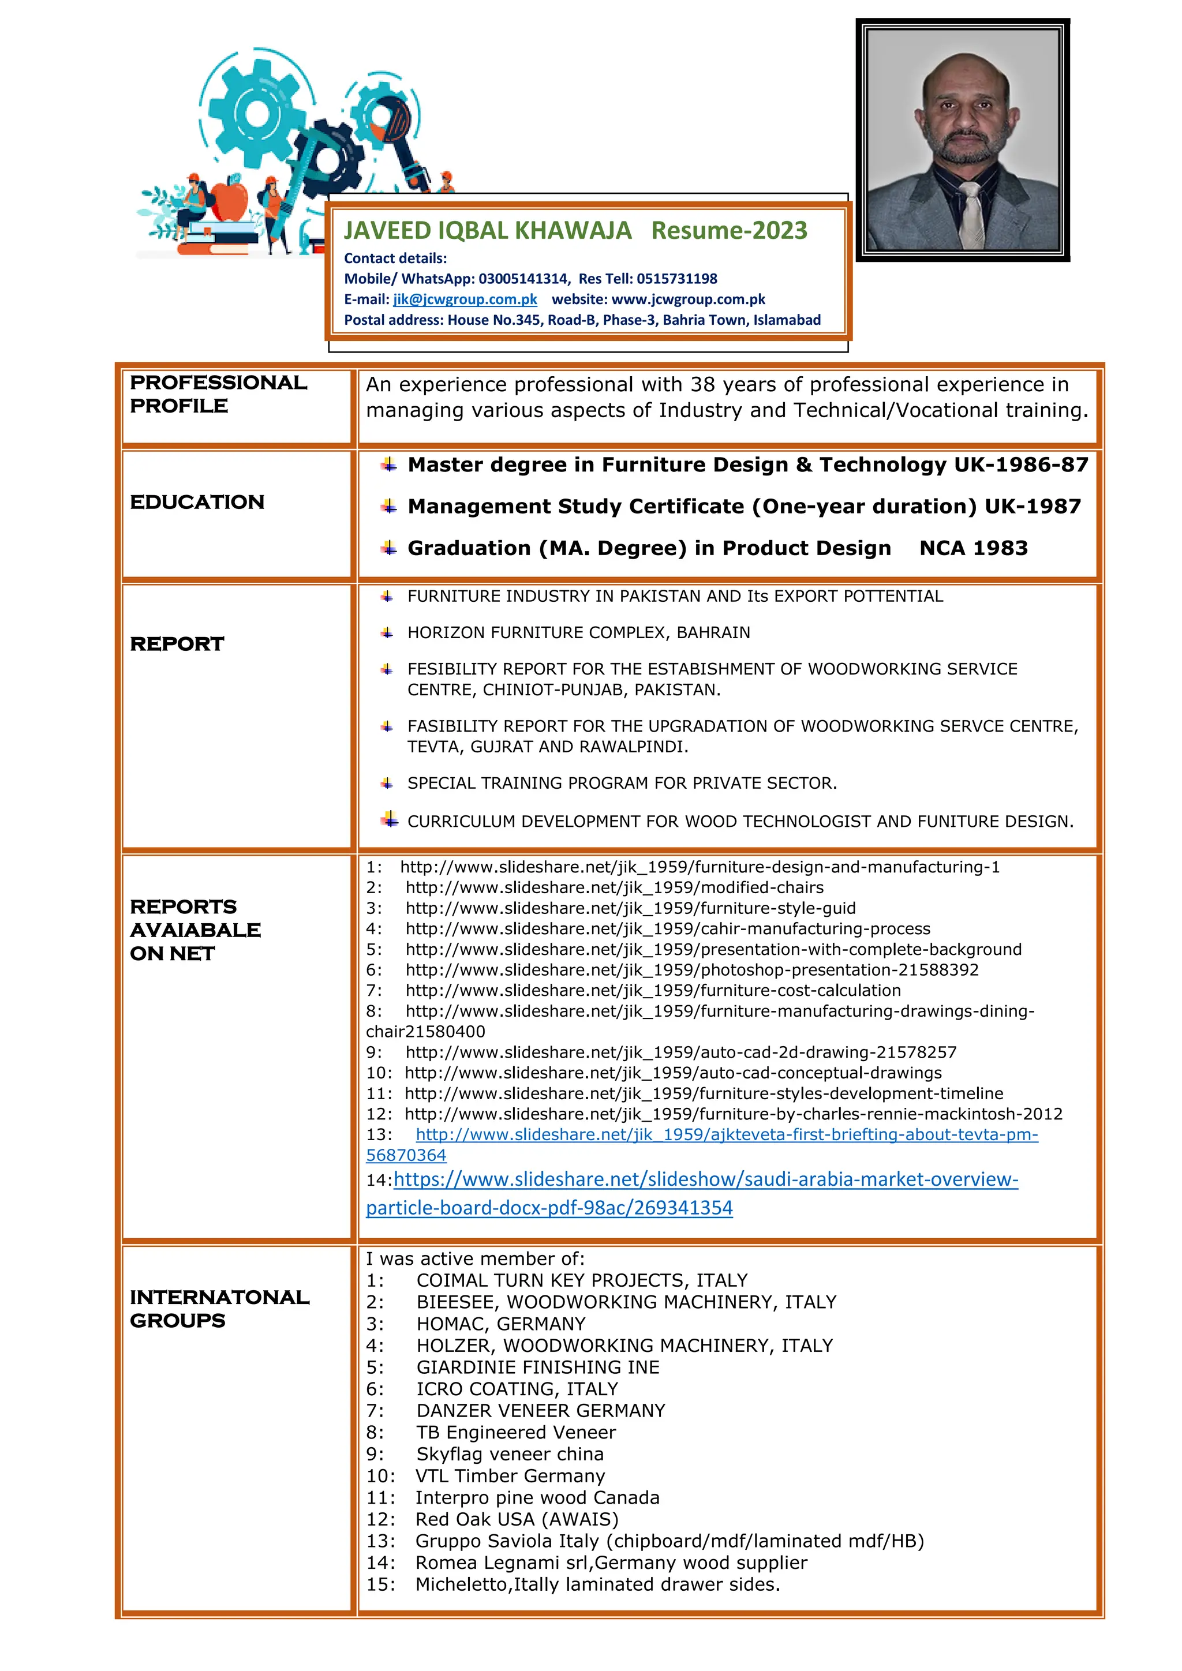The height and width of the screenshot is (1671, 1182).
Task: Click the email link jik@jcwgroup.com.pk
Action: [x=465, y=299]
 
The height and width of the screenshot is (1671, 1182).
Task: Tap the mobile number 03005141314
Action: [x=522, y=279]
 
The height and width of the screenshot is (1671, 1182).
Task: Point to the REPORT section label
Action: [x=177, y=644]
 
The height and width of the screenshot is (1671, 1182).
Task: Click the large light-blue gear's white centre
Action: [x=257, y=114]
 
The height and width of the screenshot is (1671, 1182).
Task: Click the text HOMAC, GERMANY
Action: [x=501, y=1324]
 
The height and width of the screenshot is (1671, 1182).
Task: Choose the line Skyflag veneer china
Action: [x=510, y=1454]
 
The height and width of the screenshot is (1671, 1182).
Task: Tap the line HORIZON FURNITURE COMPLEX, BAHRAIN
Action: [x=579, y=632]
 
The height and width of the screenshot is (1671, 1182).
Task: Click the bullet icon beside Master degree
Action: [x=390, y=464]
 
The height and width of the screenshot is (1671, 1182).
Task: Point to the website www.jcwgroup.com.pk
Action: [x=688, y=299]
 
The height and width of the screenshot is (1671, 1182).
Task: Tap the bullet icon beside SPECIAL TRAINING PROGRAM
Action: [x=387, y=783]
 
